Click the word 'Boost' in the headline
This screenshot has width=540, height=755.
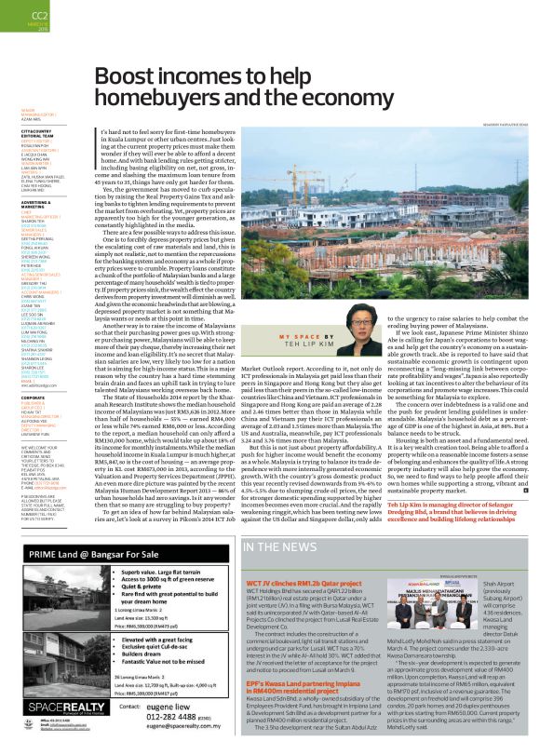coord(129,77)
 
